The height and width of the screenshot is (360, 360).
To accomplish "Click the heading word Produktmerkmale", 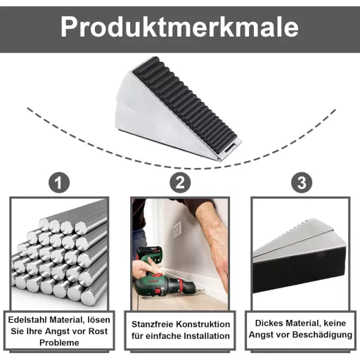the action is click(x=179, y=27).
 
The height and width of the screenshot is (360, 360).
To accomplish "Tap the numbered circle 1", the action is click(x=59, y=183).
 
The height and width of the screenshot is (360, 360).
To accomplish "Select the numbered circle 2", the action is click(x=180, y=183).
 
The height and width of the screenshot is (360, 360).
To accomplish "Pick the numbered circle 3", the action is click(x=302, y=183).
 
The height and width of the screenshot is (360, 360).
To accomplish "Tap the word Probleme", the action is click(x=59, y=342).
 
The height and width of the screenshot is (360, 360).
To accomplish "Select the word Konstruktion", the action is click(x=203, y=324).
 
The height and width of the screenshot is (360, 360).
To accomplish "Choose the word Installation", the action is click(x=207, y=336).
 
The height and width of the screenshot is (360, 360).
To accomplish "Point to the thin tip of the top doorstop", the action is click(x=219, y=160).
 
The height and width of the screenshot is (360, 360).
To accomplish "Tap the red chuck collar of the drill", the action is click(x=181, y=284).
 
